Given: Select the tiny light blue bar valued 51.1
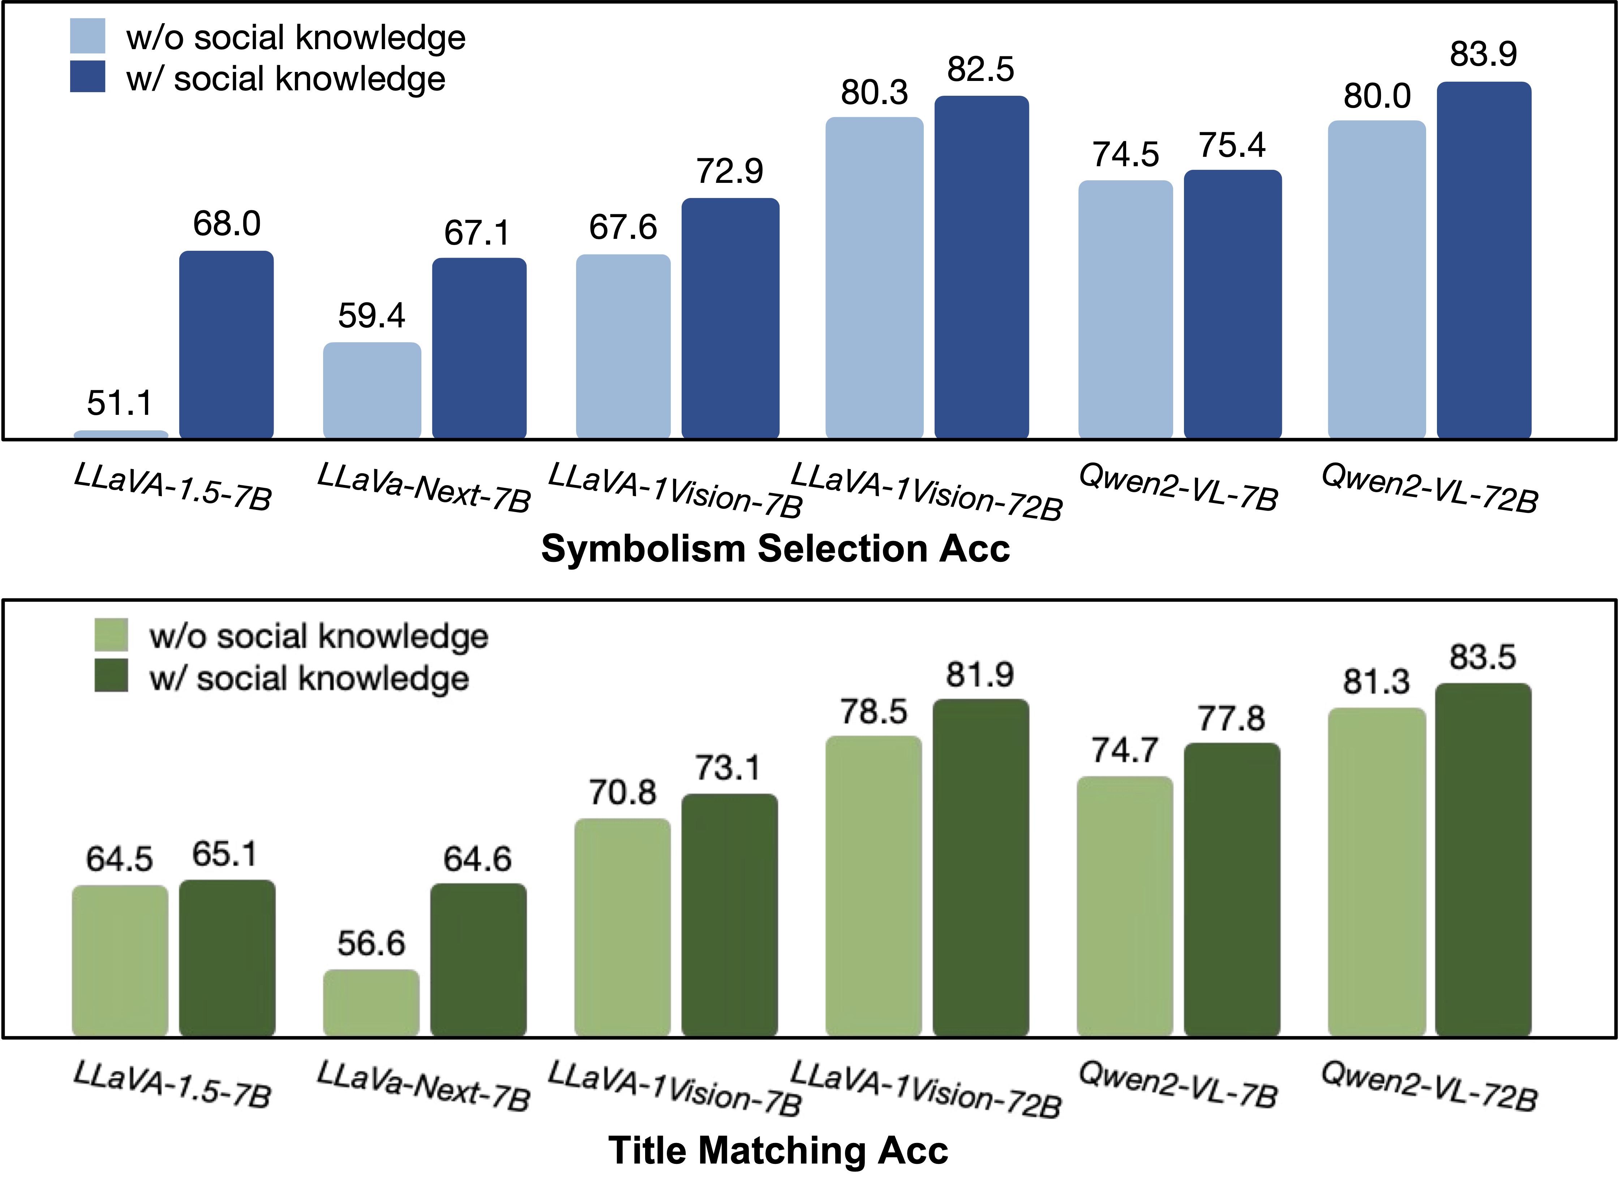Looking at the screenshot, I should [x=121, y=433].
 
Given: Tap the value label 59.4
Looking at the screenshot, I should [x=371, y=315].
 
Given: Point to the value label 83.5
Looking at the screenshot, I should [x=1482, y=657].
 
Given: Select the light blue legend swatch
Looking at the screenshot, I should [x=87, y=36].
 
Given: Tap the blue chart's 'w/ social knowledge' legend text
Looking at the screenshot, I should [x=286, y=79].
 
